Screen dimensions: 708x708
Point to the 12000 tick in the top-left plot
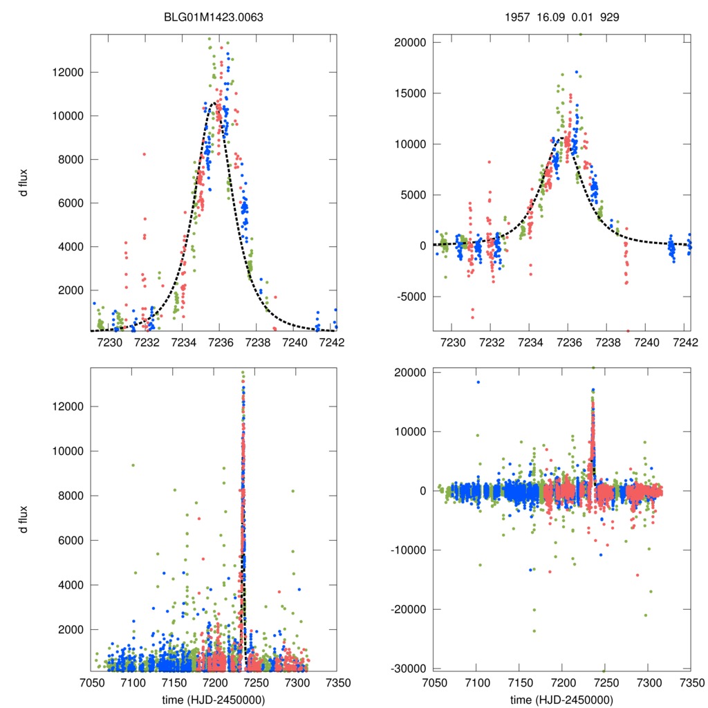point(68,73)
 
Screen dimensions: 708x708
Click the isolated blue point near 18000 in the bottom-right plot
point(478,382)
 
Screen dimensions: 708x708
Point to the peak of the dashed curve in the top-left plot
point(216,103)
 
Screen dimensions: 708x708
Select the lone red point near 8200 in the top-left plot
point(144,154)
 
